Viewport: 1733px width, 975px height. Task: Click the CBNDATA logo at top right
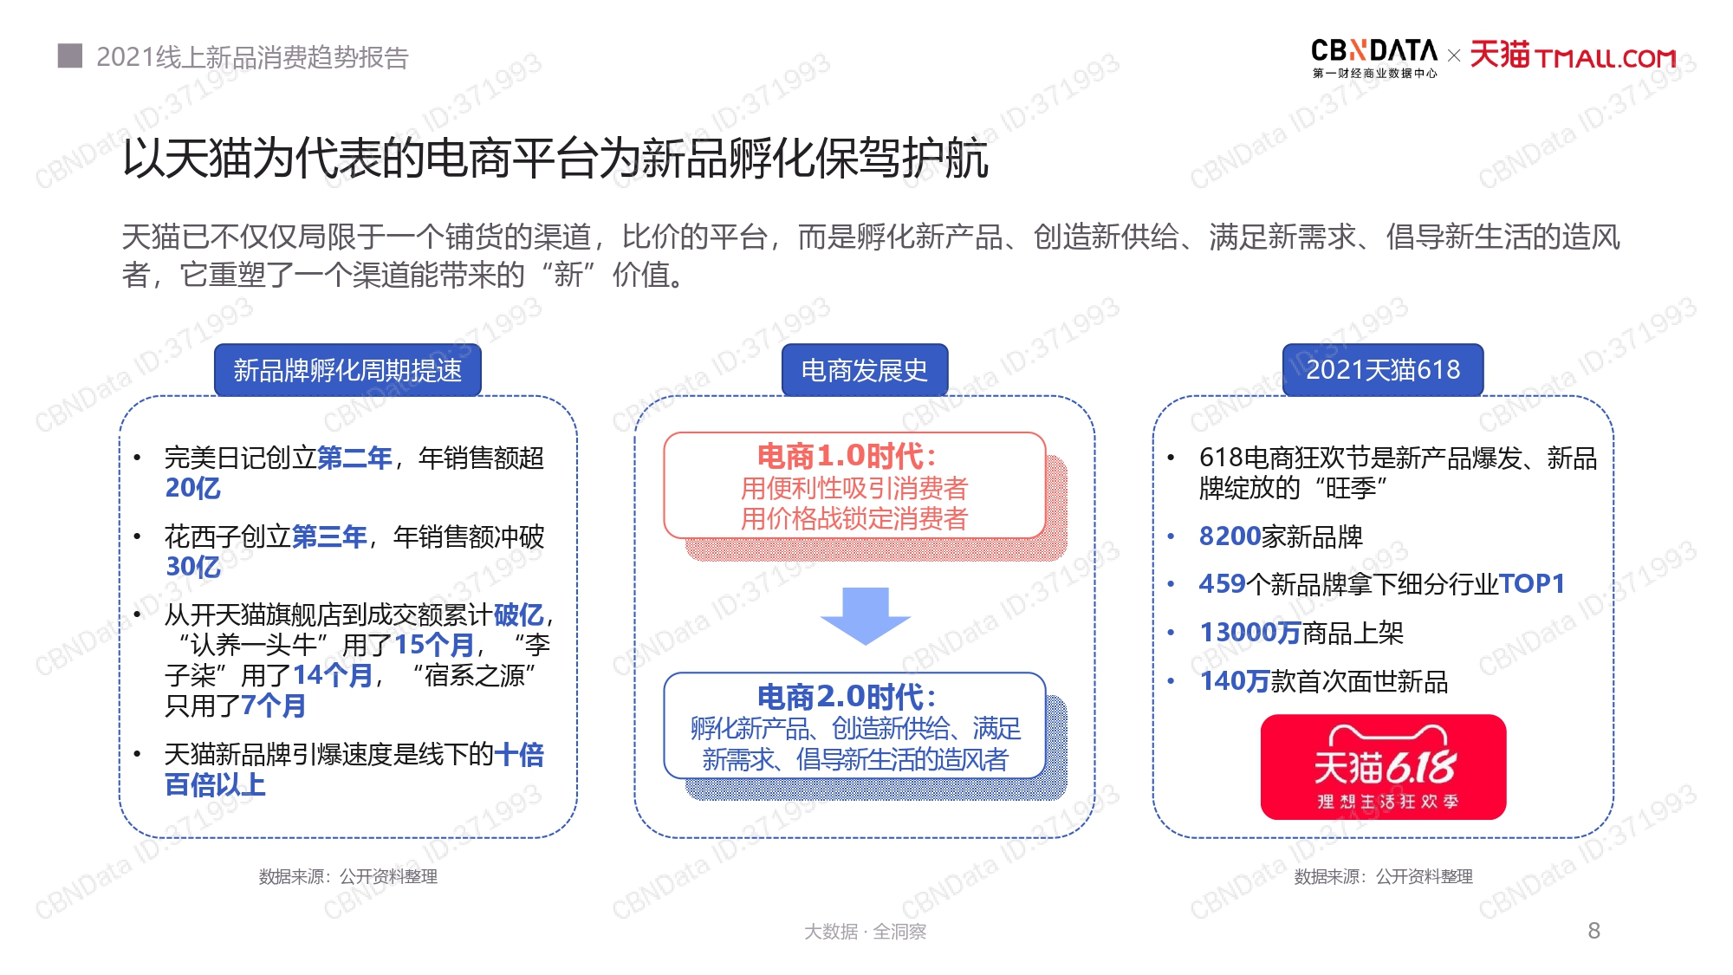pyautogui.click(x=1374, y=58)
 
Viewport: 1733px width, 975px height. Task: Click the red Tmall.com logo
pyautogui.click(x=1574, y=55)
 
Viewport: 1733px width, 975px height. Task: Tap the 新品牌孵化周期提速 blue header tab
pyautogui.click(x=347, y=370)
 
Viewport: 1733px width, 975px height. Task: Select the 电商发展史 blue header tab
pyautogui.click(x=865, y=370)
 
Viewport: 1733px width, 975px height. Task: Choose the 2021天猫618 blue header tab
pyautogui.click(x=1383, y=370)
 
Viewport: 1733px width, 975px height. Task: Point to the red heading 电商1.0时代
pyautogui.click(x=847, y=456)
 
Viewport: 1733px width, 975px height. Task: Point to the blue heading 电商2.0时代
pyautogui.click(x=847, y=697)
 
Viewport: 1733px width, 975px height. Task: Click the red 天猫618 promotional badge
pyautogui.click(x=1384, y=767)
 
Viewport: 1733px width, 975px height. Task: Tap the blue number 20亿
pyautogui.click(x=193, y=488)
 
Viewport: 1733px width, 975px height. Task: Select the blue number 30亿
pyautogui.click(x=193, y=567)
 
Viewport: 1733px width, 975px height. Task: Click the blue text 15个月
pyautogui.click(x=434, y=645)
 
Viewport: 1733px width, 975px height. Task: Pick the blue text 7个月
pyautogui.click(x=273, y=705)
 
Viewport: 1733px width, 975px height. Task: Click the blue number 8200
pyautogui.click(x=1230, y=536)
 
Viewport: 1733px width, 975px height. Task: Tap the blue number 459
pyautogui.click(x=1222, y=584)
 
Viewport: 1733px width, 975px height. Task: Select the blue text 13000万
pyautogui.click(x=1250, y=633)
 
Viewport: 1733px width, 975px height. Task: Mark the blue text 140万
pyautogui.click(x=1235, y=681)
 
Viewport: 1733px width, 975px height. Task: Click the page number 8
pyautogui.click(x=1594, y=931)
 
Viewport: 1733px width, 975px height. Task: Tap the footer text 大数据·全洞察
pyautogui.click(x=865, y=932)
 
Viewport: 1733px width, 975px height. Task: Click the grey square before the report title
pyautogui.click(x=70, y=55)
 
